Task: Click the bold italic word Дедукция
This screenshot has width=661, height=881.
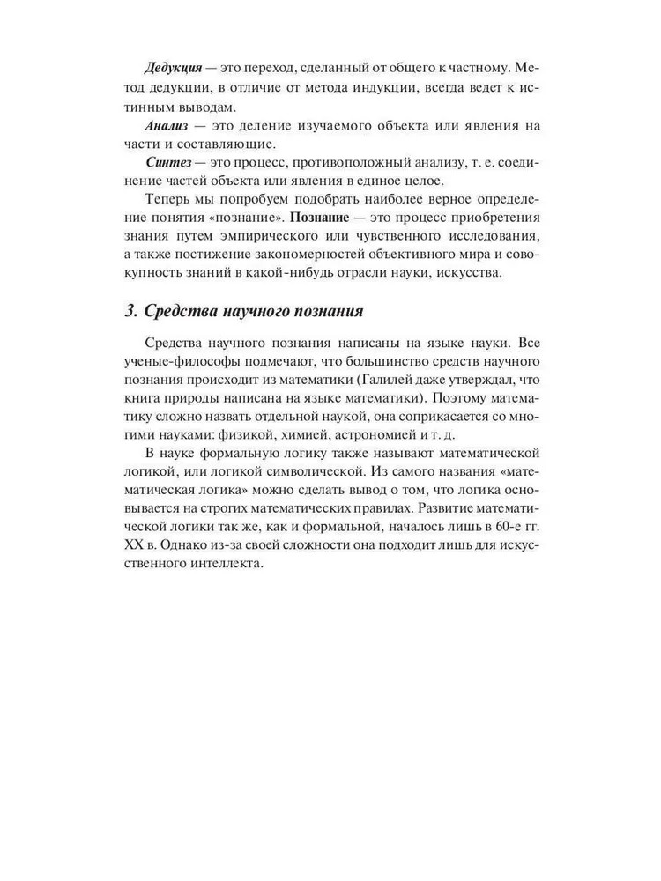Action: (175, 68)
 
